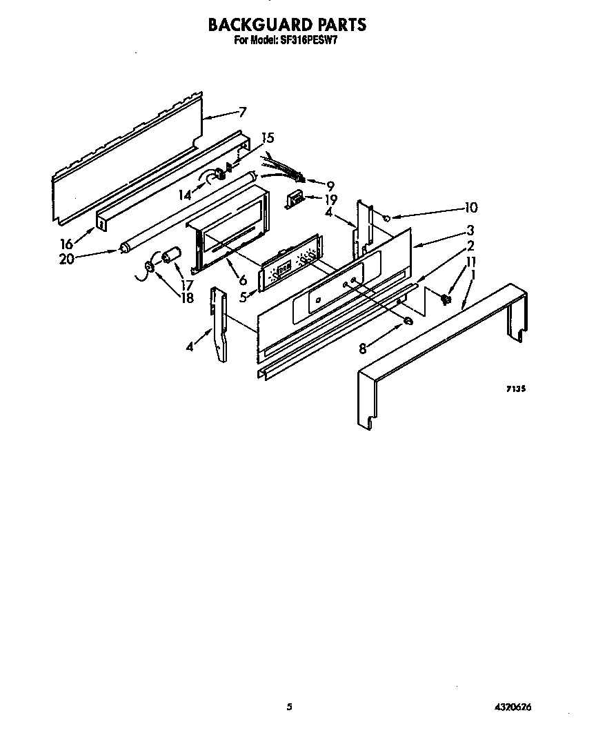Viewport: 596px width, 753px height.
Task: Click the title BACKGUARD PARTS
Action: point(287,24)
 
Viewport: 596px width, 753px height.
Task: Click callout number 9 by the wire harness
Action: point(330,186)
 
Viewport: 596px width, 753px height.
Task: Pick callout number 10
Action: point(470,208)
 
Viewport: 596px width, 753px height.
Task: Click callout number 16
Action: point(66,244)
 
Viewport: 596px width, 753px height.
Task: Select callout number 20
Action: point(67,260)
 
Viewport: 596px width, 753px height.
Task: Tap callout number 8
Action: point(363,349)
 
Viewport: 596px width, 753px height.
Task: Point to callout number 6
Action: point(243,280)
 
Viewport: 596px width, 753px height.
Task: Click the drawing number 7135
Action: point(516,389)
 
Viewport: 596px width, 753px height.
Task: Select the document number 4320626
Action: point(514,707)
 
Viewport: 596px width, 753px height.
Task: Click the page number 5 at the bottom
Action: point(289,707)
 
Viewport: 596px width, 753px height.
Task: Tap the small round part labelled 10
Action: point(387,219)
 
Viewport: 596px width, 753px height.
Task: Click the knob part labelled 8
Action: point(408,321)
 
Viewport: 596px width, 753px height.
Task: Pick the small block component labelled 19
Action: point(294,198)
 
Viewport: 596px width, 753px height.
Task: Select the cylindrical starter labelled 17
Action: point(170,255)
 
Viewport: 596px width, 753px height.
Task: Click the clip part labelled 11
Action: point(446,300)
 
